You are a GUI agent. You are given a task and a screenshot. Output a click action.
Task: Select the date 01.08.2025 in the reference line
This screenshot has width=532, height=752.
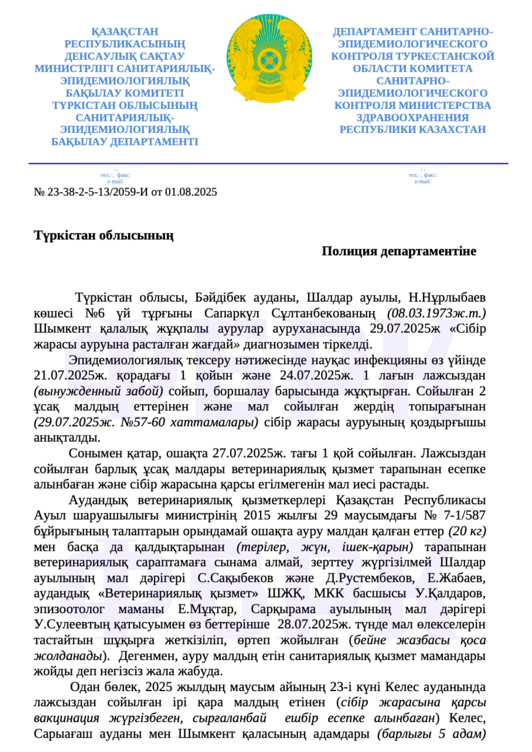(x=191, y=192)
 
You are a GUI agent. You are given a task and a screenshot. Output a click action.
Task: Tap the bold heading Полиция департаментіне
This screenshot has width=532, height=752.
(x=399, y=251)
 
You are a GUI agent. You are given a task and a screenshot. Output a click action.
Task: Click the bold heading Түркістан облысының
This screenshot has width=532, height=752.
(x=104, y=235)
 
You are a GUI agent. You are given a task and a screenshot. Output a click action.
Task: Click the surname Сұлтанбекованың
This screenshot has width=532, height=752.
(x=323, y=313)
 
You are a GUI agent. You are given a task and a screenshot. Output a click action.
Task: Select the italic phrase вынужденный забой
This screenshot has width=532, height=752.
(x=99, y=391)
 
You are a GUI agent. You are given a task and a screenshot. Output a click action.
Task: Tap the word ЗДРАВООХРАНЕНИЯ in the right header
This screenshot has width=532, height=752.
(x=413, y=118)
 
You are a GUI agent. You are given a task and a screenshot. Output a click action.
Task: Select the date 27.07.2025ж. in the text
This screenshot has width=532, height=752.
(x=248, y=453)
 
